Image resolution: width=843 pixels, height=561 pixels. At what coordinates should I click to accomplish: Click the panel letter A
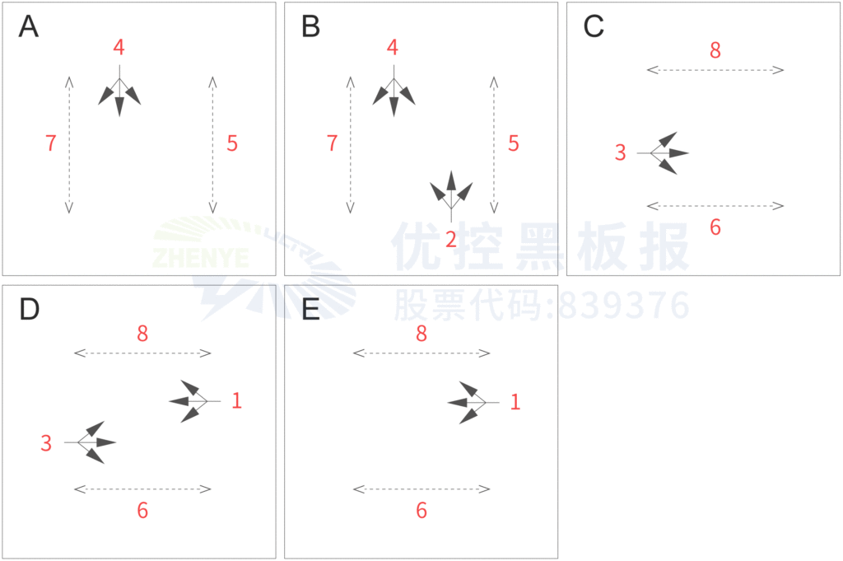[29, 27]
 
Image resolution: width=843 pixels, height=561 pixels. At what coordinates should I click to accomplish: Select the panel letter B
[310, 27]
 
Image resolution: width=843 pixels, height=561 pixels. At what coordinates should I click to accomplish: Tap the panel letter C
[594, 27]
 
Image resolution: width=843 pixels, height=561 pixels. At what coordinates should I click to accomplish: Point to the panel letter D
[29, 310]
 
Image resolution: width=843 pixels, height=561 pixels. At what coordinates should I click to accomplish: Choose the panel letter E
[310, 310]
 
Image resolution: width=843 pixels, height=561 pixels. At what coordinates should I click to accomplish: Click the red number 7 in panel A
[51, 143]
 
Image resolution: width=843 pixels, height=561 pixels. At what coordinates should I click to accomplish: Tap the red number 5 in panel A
[232, 143]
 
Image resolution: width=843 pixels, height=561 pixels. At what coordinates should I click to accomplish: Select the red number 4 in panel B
[393, 48]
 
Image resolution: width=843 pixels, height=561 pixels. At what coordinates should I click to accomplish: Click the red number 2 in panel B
[450, 240]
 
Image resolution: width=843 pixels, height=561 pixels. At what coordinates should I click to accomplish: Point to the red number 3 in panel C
[621, 152]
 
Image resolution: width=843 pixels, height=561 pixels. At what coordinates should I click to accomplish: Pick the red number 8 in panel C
[715, 50]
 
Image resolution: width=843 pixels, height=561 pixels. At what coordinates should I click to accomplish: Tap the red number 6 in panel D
[142, 511]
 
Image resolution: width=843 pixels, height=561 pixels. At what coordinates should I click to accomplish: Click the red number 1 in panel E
[515, 402]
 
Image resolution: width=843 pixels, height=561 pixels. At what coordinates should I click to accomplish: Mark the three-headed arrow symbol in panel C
[665, 153]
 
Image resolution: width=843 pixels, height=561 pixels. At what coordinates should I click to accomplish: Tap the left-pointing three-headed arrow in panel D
[192, 401]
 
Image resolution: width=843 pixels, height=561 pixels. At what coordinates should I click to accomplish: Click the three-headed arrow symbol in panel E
[471, 402]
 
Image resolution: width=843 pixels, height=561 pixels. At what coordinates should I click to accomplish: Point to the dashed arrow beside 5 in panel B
[494, 144]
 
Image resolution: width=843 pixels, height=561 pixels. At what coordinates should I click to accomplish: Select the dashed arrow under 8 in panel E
[421, 353]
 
